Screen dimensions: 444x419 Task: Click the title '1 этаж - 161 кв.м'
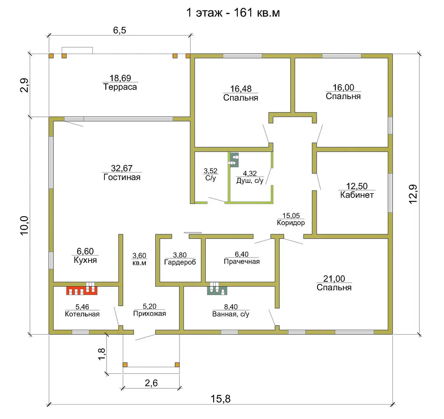[233, 13]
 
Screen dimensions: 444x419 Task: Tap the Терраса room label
[120, 87]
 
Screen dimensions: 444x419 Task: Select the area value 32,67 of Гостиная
[122, 168]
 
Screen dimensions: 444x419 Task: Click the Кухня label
[85, 260]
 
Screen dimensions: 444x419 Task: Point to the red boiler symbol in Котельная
[82, 291]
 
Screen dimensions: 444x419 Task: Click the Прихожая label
[149, 314]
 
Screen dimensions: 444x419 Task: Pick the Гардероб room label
[180, 262]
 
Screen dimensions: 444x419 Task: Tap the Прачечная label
[242, 261]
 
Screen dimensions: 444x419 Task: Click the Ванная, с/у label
[231, 314]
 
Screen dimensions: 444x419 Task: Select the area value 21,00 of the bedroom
[334, 278]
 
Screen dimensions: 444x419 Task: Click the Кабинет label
[357, 195]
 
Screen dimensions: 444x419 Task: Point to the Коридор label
[291, 222]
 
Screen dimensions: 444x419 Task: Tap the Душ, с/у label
[250, 181]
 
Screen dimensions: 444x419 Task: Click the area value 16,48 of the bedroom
[241, 89]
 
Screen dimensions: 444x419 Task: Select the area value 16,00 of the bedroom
[343, 87]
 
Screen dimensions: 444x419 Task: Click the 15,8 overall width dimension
[221, 399]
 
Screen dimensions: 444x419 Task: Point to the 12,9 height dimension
[413, 194]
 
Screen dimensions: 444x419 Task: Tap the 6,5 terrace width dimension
[120, 30]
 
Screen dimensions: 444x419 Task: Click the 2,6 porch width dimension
[151, 383]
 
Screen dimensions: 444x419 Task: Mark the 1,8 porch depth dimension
[102, 354]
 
